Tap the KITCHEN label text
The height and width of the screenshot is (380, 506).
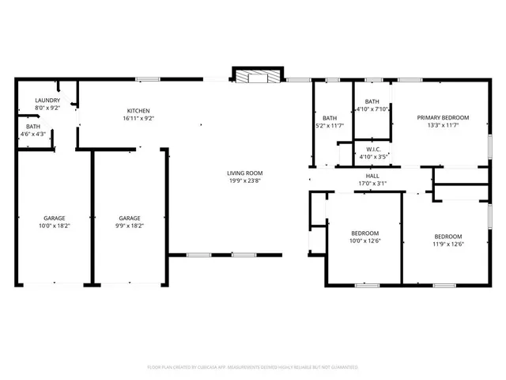pyautogui.click(x=138, y=111)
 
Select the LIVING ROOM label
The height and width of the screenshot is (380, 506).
pyautogui.click(x=245, y=173)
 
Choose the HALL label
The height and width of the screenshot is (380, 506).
pyautogui.click(x=372, y=176)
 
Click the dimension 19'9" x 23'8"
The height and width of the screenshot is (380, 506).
pyautogui.click(x=245, y=181)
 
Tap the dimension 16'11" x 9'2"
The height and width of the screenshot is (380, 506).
pyautogui.click(x=138, y=119)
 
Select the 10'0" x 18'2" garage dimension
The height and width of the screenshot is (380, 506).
pyautogui.click(x=54, y=226)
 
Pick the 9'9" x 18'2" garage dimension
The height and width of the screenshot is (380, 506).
pyautogui.click(x=130, y=226)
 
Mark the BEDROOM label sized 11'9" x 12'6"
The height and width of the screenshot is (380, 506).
pyautogui.click(x=447, y=236)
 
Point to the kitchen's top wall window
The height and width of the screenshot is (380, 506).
pyautogui.click(x=147, y=78)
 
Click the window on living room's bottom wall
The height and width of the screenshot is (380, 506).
pyautogui.click(x=198, y=255)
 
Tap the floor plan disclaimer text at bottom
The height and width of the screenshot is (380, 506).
pyautogui.click(x=253, y=367)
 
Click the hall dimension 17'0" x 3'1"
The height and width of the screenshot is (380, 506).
pyautogui.click(x=372, y=184)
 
